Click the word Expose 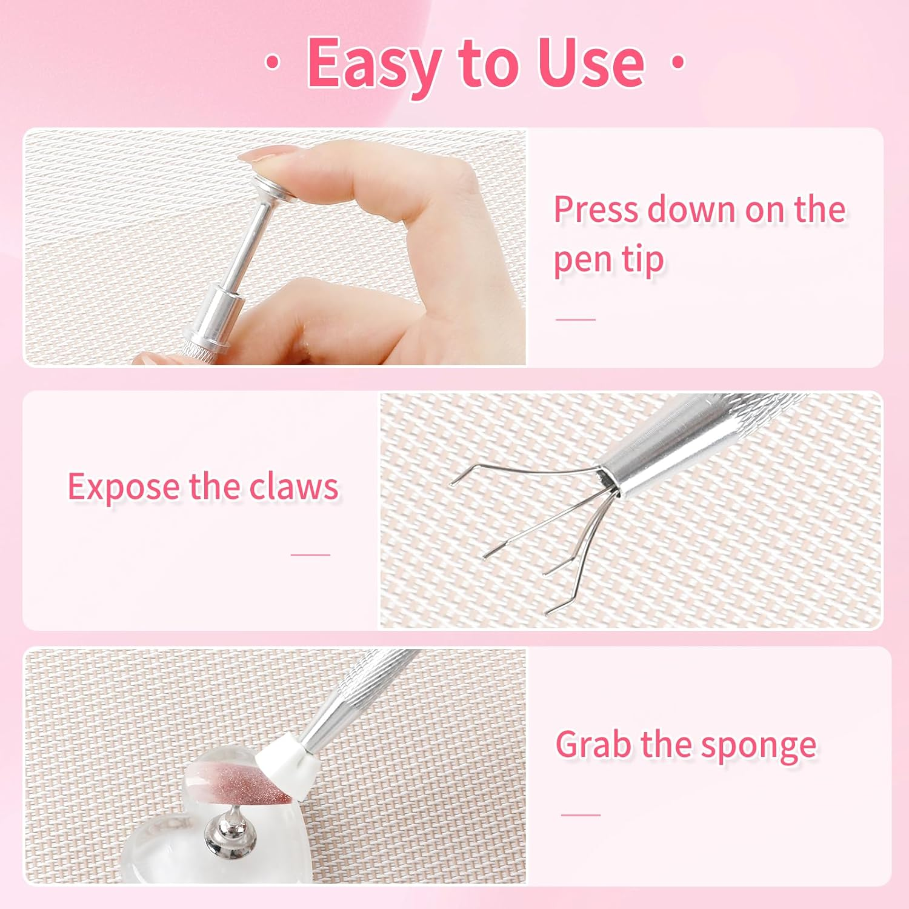coord(124,487)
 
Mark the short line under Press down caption coord(576,319)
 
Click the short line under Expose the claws coord(310,554)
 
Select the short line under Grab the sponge coord(581,814)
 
